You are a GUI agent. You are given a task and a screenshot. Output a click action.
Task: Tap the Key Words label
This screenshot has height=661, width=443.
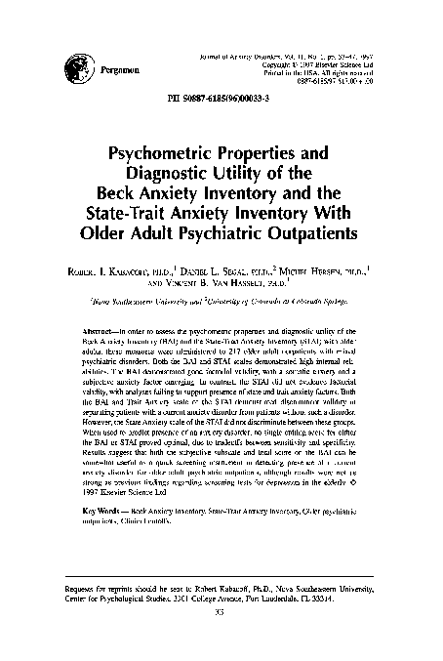pyautogui.click(x=103, y=511)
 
